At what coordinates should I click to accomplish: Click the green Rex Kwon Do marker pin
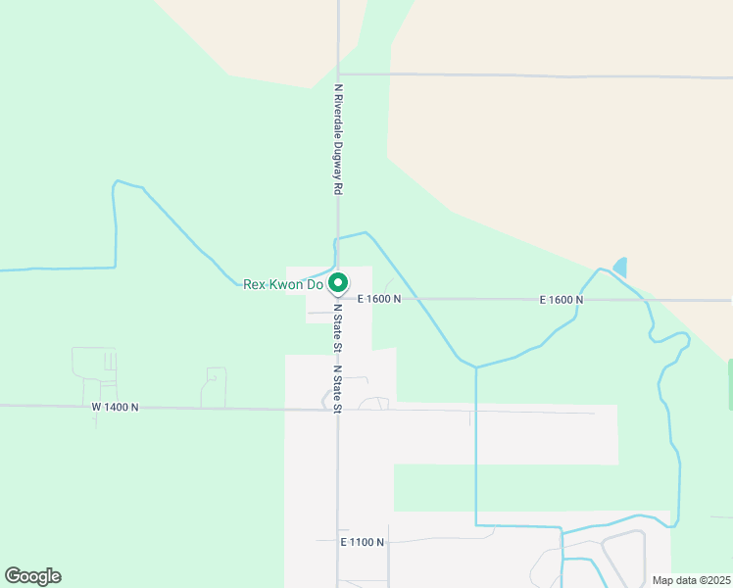(x=338, y=284)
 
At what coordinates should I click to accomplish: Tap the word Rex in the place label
(x=255, y=285)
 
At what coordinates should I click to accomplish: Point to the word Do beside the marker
(x=316, y=285)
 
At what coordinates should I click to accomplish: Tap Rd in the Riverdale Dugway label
(x=338, y=187)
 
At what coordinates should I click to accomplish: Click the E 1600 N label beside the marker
(x=379, y=299)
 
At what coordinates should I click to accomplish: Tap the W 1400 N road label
(x=116, y=406)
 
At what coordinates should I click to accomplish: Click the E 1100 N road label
(x=363, y=541)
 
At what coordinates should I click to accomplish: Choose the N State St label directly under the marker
(x=337, y=327)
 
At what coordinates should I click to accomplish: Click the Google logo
(x=32, y=576)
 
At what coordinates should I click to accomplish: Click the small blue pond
(x=619, y=267)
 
